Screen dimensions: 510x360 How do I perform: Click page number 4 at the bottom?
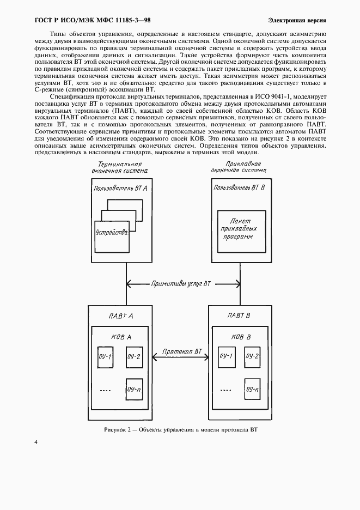pyautogui.click(x=36, y=442)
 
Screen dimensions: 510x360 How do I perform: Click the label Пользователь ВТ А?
pyautogui.click(x=120, y=188)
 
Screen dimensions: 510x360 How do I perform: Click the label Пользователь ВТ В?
pyautogui.click(x=240, y=188)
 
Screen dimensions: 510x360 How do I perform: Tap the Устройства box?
pyautogui.click(x=111, y=233)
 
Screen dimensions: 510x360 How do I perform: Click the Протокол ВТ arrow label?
pyautogui.click(x=182, y=353)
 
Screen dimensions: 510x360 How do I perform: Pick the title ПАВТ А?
pyautogui.click(x=120, y=315)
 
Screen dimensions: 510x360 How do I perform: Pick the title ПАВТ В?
pyautogui.click(x=239, y=315)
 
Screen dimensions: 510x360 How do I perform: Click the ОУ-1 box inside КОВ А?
pyautogui.click(x=105, y=357)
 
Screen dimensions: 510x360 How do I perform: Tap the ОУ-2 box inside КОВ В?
pyautogui.click(x=252, y=356)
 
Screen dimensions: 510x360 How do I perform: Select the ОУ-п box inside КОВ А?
pyautogui.click(x=135, y=390)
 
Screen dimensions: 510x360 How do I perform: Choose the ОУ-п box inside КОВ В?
pyautogui.click(x=252, y=390)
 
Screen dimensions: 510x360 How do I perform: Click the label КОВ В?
pyautogui.click(x=241, y=337)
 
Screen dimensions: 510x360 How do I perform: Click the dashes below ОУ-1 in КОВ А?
pyautogui.click(x=106, y=390)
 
